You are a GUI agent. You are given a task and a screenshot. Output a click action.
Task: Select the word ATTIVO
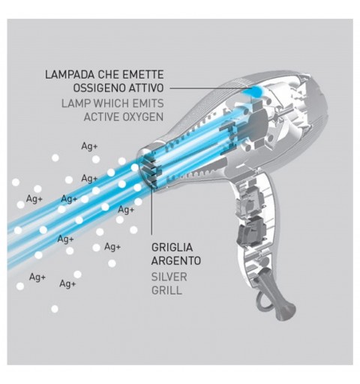146,88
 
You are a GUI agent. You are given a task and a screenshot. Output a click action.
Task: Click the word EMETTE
144,75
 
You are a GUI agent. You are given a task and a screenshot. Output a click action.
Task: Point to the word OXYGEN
142,117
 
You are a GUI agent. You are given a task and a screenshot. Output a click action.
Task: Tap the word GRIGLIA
172,247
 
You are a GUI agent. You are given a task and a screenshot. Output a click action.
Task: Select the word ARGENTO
176,261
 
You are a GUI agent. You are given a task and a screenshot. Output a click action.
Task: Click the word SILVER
169,277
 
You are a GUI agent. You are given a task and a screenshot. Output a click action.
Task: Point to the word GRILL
166,290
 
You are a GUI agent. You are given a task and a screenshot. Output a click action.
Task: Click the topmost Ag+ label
89,146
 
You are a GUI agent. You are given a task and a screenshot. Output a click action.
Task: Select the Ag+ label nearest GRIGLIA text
112,247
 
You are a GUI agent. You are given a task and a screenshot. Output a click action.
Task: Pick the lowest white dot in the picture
55,309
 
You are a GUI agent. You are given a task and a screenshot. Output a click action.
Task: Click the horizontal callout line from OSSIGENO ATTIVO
208,88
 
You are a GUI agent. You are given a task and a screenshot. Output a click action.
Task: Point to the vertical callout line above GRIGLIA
151,211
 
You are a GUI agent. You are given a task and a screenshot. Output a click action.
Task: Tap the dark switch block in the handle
251,229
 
